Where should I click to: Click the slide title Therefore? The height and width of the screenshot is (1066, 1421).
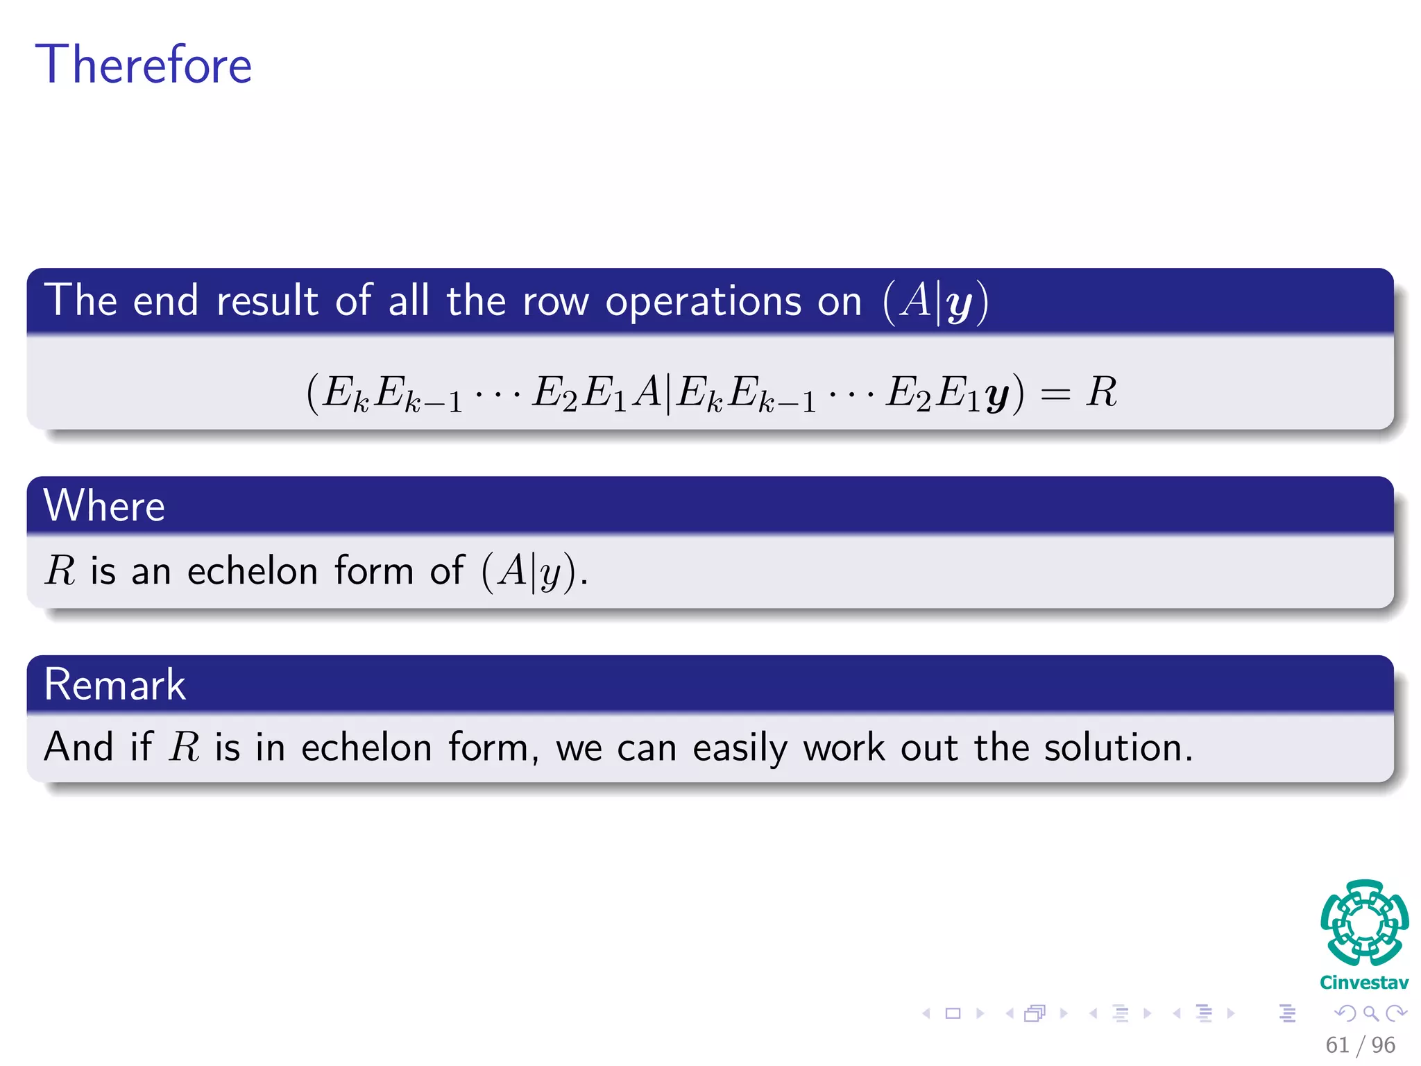(143, 65)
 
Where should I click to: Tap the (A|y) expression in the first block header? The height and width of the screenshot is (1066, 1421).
(935, 302)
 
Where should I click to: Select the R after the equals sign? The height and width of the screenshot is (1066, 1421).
(1101, 392)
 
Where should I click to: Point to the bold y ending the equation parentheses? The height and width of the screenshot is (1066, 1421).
(997, 396)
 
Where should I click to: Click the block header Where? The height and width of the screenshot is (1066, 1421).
(104, 505)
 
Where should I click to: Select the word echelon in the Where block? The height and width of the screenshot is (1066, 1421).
(252, 571)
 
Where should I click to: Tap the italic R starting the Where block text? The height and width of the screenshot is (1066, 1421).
(60, 571)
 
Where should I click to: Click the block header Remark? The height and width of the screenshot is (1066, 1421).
(114, 684)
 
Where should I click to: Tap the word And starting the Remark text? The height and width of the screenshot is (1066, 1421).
(78, 747)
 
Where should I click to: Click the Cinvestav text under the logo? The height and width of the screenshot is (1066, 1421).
(1363, 983)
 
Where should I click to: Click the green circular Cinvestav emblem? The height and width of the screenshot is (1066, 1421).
(1364, 922)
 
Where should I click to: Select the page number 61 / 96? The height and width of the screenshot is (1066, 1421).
(1360, 1044)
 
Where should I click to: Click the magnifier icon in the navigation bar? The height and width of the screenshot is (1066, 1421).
(1370, 1013)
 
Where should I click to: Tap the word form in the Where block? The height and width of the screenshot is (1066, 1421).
(373, 571)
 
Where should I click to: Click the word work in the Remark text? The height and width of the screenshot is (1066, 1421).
(844, 747)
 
